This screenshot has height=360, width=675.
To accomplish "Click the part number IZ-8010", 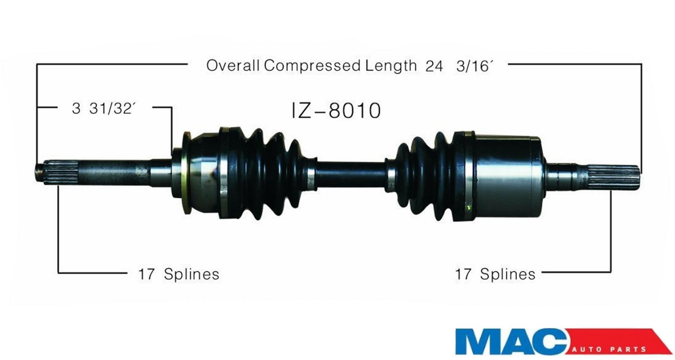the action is click(x=336, y=110).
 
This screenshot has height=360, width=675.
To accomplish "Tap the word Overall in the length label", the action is click(x=232, y=65).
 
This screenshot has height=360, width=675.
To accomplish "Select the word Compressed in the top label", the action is click(x=313, y=66).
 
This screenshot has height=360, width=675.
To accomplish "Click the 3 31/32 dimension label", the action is click(x=102, y=108).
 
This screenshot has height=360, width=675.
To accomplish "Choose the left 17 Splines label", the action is click(x=179, y=274).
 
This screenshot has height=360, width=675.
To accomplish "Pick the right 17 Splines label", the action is click(x=495, y=274).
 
